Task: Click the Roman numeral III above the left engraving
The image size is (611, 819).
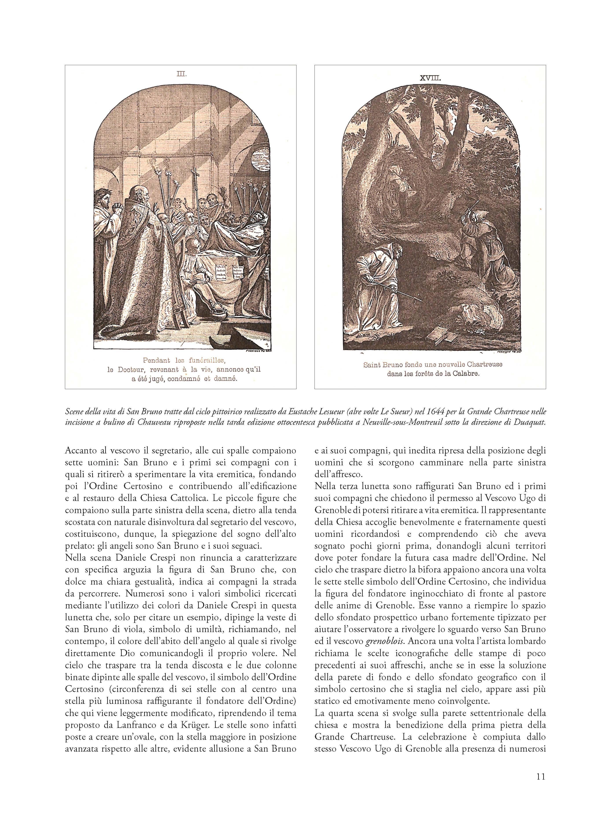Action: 181,74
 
